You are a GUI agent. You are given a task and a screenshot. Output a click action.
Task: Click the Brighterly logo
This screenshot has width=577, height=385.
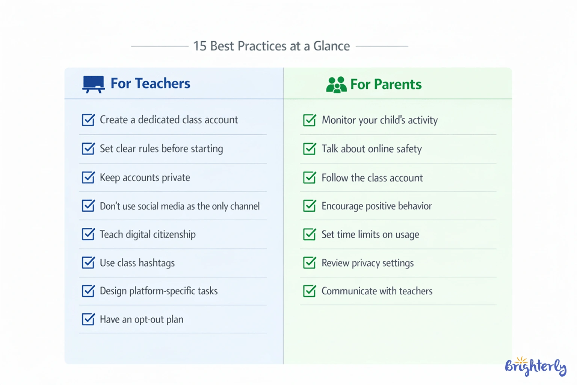(535, 367)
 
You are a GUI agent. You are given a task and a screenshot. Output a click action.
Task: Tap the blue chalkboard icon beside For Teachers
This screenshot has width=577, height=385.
(93, 84)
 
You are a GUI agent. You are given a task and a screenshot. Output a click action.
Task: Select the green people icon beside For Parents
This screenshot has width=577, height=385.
(336, 85)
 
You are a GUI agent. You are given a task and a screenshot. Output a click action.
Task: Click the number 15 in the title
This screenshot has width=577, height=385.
(200, 46)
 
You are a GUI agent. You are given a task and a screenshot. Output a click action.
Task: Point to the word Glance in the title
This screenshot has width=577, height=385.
(331, 46)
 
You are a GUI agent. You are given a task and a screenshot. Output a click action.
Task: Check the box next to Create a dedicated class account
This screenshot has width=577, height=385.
(88, 120)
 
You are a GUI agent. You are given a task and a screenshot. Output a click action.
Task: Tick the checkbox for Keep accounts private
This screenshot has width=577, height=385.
(88, 177)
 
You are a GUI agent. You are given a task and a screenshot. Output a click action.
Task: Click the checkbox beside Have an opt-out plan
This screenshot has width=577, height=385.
(88, 320)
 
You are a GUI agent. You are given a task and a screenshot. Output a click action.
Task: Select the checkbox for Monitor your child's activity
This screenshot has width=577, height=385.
(310, 120)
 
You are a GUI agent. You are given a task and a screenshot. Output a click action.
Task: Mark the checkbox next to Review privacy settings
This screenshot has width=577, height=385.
(310, 263)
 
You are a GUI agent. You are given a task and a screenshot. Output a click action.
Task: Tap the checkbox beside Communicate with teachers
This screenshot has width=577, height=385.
(310, 291)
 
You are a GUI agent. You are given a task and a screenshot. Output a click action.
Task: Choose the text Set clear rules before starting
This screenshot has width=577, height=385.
(161, 149)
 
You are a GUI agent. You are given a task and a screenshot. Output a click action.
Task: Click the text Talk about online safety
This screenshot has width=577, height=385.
(372, 149)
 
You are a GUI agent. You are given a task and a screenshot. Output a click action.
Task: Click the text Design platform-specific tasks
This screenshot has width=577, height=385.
(159, 291)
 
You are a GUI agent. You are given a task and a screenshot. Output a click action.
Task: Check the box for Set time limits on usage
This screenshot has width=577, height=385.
(310, 235)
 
